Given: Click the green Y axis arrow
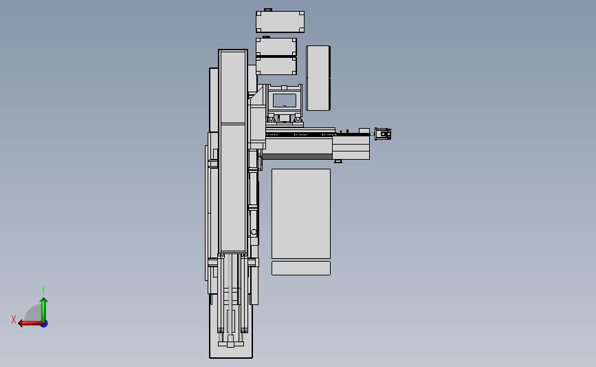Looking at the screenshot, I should coord(43,308).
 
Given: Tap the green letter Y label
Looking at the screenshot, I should coord(43,290).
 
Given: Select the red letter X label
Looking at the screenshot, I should coord(14,319).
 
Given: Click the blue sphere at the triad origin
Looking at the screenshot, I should coord(44,323).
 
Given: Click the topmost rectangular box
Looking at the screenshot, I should coord(280,22).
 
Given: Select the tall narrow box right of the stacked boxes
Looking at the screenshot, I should coord(318,78).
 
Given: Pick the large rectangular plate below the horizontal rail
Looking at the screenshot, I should coord(300,213).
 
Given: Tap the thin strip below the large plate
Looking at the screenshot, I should coord(300,268).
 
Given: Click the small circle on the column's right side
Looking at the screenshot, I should coord(254,231).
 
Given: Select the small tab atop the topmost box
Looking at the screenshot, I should coord(268,10).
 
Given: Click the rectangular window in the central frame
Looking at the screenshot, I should coord(284,100).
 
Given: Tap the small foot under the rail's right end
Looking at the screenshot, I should coord(338,162).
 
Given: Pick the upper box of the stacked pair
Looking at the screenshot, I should coord(276,46).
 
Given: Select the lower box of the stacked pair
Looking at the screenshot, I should coord(276,66).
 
